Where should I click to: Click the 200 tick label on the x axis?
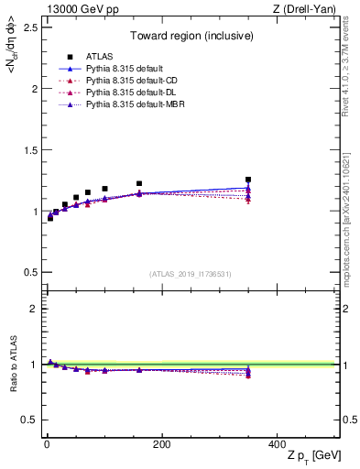(161, 443)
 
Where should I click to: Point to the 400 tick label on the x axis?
(277, 443)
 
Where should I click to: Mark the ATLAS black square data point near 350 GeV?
(248, 180)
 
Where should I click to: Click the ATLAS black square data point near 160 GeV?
(139, 184)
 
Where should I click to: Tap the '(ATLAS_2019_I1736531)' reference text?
(190, 274)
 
